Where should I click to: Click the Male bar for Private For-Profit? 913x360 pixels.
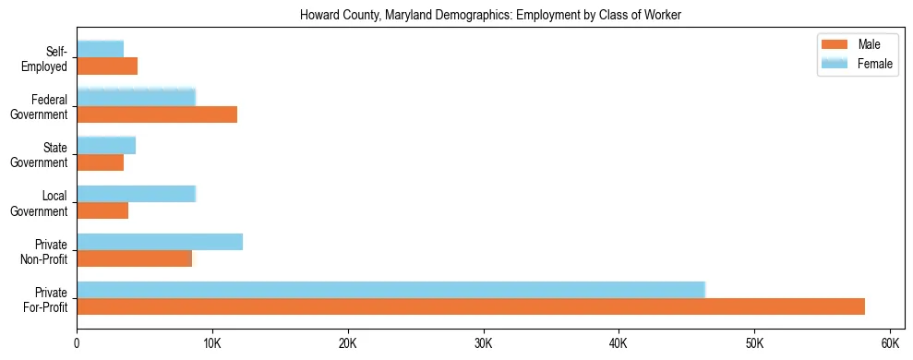(471, 306)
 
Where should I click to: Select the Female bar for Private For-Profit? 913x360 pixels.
(390, 290)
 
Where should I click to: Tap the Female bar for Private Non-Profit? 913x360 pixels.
(160, 242)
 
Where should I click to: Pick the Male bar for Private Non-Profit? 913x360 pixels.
(135, 258)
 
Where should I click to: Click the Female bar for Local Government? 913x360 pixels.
(136, 194)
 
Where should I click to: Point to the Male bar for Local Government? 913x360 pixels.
(102, 210)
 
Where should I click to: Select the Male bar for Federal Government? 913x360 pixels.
(157, 114)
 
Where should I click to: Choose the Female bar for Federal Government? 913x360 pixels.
(136, 97)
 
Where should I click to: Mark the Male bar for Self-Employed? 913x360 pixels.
(107, 66)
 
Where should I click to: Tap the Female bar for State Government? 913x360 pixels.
(106, 145)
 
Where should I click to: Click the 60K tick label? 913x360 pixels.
(889, 343)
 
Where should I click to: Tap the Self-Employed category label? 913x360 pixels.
(51, 58)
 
